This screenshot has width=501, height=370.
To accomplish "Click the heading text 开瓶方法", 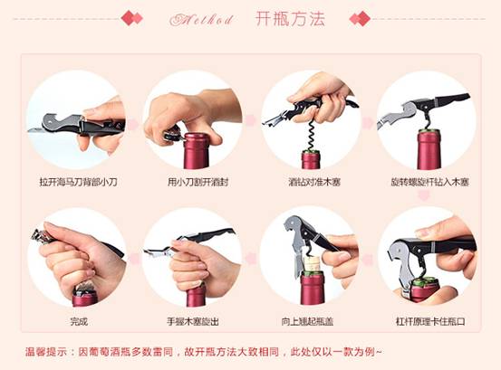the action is pyautogui.click(x=290, y=18).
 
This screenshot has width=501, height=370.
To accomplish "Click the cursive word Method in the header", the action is pyautogui.click(x=202, y=20).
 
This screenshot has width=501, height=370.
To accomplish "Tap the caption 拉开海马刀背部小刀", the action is pyautogui.click(x=79, y=182).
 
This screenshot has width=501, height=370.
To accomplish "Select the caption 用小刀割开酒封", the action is pyautogui.click(x=198, y=182).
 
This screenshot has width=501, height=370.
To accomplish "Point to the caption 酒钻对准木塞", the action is pyautogui.click(x=314, y=182).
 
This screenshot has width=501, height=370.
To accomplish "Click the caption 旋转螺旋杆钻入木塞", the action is pyautogui.click(x=430, y=182).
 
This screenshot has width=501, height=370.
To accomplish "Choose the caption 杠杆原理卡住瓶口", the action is pyautogui.click(x=430, y=321).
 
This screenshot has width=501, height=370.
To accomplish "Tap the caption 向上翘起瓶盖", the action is pyautogui.click(x=307, y=321).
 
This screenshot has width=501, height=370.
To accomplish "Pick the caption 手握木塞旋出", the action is pyautogui.click(x=193, y=321).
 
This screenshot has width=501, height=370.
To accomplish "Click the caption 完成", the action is pyautogui.click(x=79, y=321).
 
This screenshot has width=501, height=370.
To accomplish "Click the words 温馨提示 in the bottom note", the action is pyautogui.click(x=46, y=352).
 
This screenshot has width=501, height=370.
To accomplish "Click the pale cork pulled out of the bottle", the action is pyautogui.click(x=312, y=263).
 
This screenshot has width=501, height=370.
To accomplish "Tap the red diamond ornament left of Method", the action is pyautogui.click(x=132, y=18).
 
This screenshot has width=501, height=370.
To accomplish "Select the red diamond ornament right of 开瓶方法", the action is pyautogui.click(x=360, y=18).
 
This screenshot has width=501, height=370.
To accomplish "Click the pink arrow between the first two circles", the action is pyautogui.click(x=133, y=125).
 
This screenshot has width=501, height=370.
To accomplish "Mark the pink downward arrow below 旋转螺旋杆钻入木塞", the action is pyautogui.click(x=424, y=195).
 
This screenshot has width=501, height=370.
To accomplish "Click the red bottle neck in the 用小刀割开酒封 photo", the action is pyautogui.click(x=196, y=151).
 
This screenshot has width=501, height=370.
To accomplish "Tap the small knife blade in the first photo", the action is pyautogui.click(x=36, y=130).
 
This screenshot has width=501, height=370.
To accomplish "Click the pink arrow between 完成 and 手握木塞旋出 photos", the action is pyautogui.click(x=134, y=259).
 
